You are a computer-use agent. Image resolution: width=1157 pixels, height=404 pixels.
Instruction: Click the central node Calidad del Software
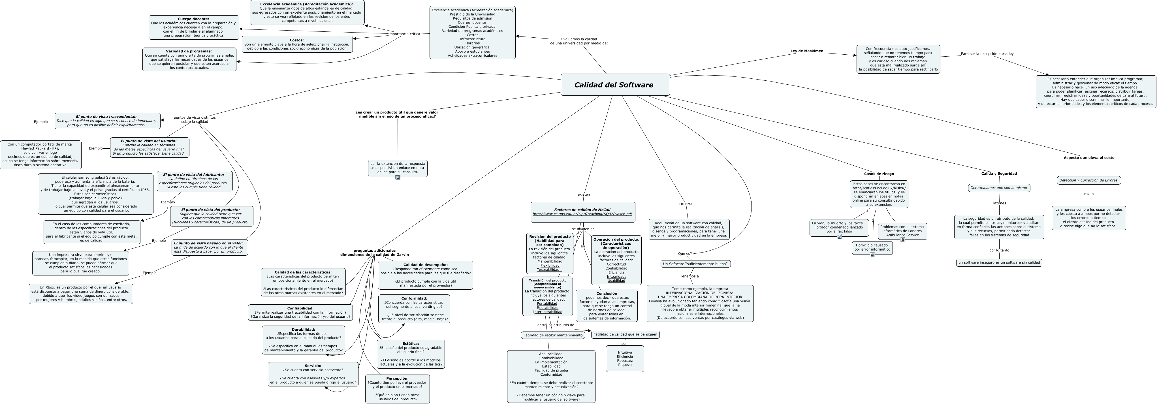pos(615,85)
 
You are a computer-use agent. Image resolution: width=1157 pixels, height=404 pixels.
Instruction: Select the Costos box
pos(297,44)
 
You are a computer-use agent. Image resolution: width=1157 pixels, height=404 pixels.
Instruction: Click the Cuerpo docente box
pos(194,27)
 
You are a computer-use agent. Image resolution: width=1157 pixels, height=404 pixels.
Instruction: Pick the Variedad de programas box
pos(189,59)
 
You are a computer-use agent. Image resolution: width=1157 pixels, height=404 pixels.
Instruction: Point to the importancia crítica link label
pos(404,34)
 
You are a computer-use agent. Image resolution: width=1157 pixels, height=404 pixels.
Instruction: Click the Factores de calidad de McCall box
pos(582,212)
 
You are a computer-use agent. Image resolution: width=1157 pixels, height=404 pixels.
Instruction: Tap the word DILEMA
pos(686,204)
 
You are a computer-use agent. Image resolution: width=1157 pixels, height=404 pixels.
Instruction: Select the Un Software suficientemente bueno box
pos(695,264)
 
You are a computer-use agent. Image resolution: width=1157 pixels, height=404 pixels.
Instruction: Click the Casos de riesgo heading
pos(879,174)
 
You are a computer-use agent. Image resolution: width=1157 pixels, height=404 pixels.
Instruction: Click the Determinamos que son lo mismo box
pos(998,188)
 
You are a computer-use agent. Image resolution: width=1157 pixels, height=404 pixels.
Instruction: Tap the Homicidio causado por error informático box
pos(872,248)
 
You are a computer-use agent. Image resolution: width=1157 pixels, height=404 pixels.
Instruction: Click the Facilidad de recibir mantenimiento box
pos(553,335)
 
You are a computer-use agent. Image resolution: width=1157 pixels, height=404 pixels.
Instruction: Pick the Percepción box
pos(397,389)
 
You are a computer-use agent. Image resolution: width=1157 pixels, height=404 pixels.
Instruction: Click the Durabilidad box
pos(303,340)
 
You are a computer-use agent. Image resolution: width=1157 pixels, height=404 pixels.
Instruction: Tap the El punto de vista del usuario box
pos(150,147)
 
